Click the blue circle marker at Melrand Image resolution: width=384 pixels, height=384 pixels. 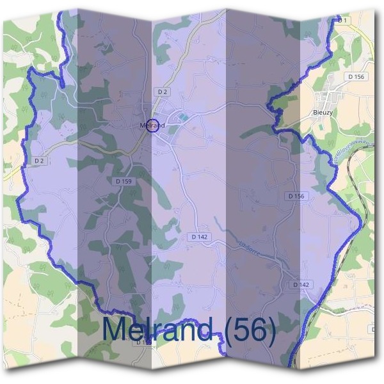[152, 125]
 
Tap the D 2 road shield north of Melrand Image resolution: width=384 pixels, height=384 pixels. [163, 92]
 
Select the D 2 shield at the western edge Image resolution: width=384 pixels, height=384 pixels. [39, 161]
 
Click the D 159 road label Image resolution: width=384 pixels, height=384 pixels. [124, 182]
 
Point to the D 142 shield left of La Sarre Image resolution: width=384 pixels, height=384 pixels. [199, 237]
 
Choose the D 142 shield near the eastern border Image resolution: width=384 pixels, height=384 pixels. [301, 284]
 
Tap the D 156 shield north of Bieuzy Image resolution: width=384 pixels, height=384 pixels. [356, 77]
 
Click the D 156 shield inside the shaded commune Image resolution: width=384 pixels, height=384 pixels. [296, 196]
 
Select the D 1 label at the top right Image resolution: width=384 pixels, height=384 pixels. [344, 20]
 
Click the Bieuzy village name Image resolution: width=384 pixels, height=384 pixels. [323, 111]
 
